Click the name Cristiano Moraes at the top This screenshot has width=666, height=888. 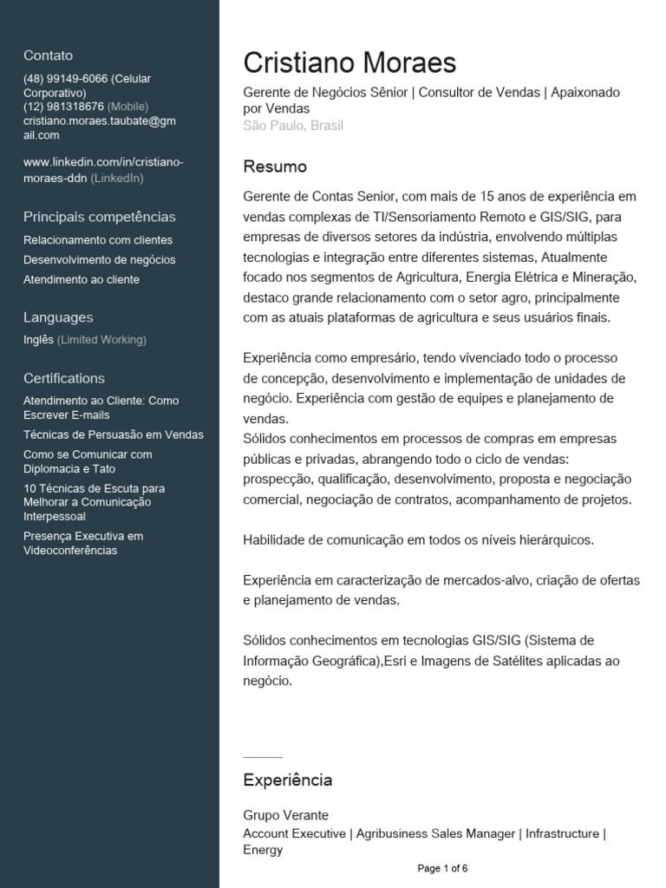349,63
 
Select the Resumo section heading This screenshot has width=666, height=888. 275,166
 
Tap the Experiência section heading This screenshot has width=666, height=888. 287,780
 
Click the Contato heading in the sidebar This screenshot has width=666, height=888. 48,55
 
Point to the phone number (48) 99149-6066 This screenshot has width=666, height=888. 66,79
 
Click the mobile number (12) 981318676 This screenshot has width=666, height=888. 63,107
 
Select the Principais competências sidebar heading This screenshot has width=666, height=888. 100,217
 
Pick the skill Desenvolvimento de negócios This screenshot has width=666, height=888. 99,260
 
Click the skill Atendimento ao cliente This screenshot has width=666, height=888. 82,280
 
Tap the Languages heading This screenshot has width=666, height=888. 58,317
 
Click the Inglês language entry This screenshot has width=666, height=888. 39,340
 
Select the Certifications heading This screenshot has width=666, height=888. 64,378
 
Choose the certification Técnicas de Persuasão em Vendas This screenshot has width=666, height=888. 114,434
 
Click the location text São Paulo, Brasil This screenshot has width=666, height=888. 293,126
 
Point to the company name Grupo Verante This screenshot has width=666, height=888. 285,816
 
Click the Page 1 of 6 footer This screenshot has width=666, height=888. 442,868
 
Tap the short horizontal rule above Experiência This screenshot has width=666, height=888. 263,757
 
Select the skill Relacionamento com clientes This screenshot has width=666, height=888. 98,240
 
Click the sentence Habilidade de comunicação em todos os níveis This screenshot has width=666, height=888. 418,539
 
